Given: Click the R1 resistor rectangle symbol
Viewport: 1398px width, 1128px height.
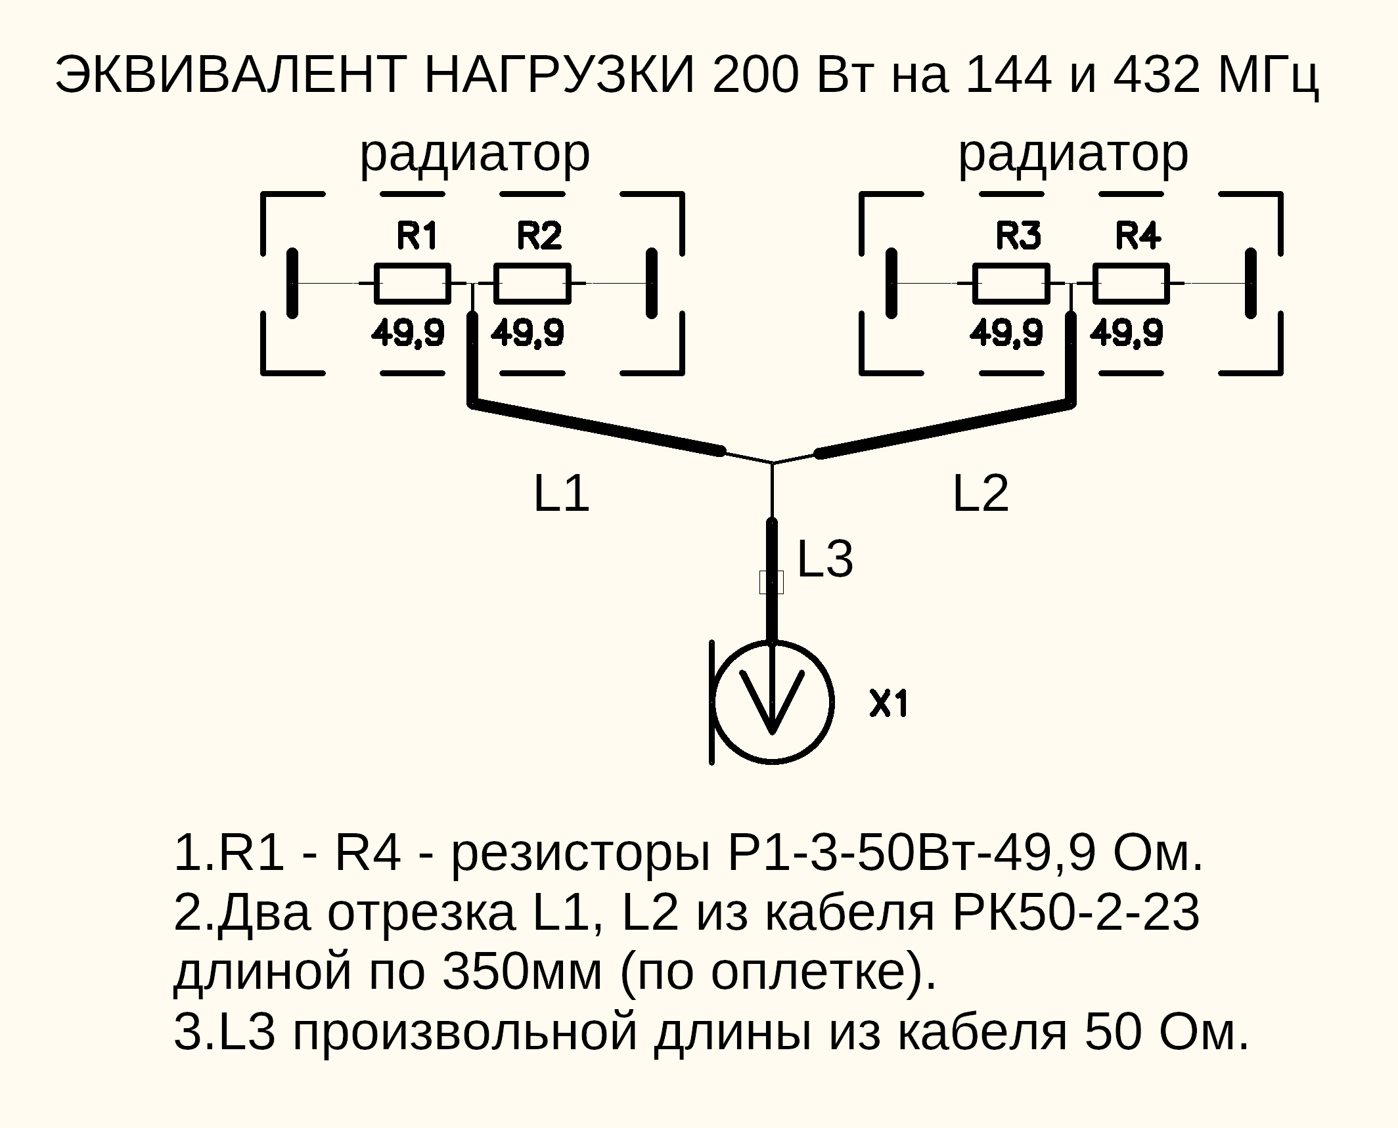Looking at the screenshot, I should [x=413, y=284].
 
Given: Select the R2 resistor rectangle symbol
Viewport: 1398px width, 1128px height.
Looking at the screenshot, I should [x=532, y=284].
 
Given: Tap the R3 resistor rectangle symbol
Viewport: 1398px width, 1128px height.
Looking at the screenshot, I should [x=1011, y=284].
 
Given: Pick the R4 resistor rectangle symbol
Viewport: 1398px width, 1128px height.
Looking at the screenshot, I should [x=1131, y=284].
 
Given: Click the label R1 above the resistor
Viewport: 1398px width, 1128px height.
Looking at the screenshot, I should [x=417, y=236].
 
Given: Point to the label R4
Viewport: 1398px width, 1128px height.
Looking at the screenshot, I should [x=1138, y=236].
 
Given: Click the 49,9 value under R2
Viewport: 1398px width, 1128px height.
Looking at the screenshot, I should [x=528, y=333].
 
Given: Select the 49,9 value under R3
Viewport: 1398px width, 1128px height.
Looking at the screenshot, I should [x=1006, y=333].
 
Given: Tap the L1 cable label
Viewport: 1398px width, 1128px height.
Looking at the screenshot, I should [x=561, y=494].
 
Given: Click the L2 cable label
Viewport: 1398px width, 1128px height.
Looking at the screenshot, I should [x=980, y=494].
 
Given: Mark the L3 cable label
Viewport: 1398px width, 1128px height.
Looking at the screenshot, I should [x=825, y=559].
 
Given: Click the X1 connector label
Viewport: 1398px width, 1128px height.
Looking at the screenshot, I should [x=889, y=704].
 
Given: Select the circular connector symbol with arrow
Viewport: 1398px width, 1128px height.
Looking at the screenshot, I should [x=773, y=702].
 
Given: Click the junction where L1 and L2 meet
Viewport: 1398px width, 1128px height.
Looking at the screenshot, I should [x=772, y=463].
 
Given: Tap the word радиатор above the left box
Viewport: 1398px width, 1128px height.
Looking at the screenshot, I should [x=475, y=155].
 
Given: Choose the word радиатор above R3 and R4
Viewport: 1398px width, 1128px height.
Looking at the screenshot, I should [x=1073, y=155].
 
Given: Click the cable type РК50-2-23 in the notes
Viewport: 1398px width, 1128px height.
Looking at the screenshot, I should [x=1075, y=913].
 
